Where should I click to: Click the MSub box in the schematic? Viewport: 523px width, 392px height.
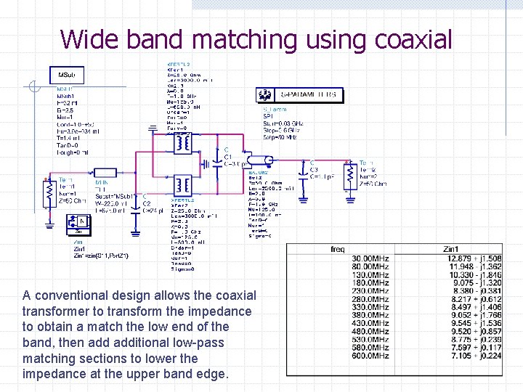[71, 75]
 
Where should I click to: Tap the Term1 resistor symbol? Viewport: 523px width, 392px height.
[48, 192]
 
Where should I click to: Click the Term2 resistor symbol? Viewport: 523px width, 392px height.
[349, 176]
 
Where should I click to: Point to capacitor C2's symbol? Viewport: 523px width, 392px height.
[134, 216]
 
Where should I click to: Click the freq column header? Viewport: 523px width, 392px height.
[338, 249]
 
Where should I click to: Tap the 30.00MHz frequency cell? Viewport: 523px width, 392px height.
[370, 258]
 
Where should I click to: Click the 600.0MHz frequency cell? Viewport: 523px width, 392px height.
[370, 356]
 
